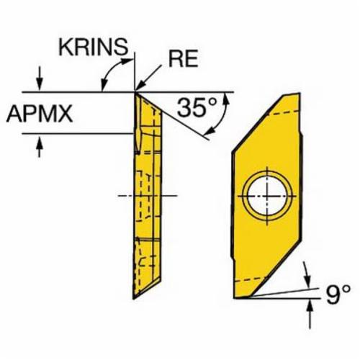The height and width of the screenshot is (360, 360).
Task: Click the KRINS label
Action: click(93, 47)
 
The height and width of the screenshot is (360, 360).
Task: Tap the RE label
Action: click(184, 59)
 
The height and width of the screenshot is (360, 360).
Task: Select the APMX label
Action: click(40, 114)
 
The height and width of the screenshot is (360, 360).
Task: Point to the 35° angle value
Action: click(197, 108)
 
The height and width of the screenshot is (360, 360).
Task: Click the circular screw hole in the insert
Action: click(267, 196)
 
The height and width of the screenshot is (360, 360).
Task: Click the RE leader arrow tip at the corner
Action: click(136, 90)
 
